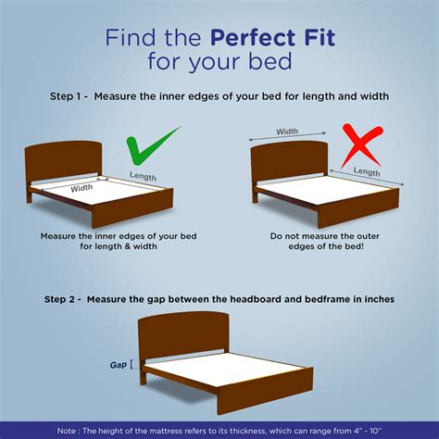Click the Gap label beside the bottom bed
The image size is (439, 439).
(x=119, y=365)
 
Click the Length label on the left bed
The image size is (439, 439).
(x=143, y=176)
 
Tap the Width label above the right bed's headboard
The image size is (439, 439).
(x=287, y=132)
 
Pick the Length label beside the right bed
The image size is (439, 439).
(x=367, y=172)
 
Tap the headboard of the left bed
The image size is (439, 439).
(x=63, y=161)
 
